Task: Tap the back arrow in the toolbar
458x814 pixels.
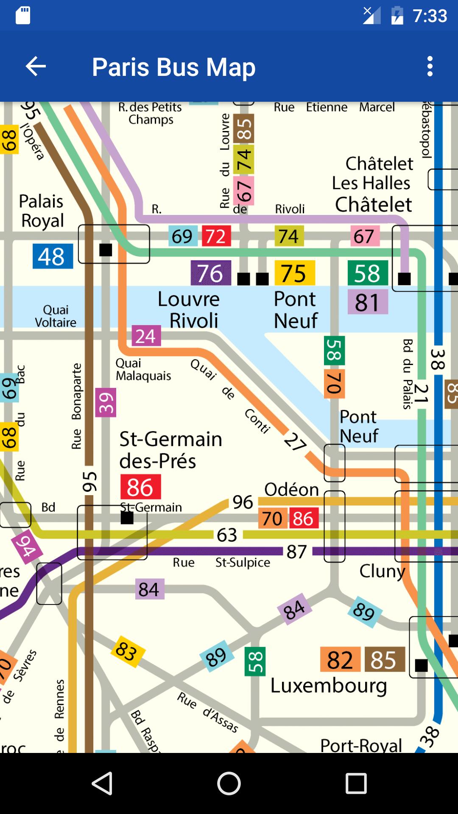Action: pyautogui.click(x=36, y=67)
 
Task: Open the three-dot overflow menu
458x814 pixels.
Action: pyautogui.click(x=430, y=67)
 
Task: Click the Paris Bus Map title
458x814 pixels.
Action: pyautogui.click(x=173, y=67)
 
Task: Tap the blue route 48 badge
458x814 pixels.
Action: pyautogui.click(x=53, y=256)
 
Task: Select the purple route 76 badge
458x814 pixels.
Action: pyautogui.click(x=211, y=273)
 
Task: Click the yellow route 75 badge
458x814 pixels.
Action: pyautogui.click(x=295, y=273)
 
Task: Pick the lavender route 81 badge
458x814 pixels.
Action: pyautogui.click(x=368, y=302)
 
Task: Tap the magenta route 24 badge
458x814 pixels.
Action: pyautogui.click(x=146, y=336)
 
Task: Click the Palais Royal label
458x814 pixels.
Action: pyautogui.click(x=42, y=211)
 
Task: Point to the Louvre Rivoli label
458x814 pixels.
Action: pyautogui.click(x=189, y=310)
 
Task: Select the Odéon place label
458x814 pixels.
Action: pyautogui.click(x=291, y=490)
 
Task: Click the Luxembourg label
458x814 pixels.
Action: pyautogui.click(x=329, y=686)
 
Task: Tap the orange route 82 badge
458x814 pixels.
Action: pyautogui.click(x=340, y=660)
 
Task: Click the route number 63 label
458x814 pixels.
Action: pyautogui.click(x=227, y=535)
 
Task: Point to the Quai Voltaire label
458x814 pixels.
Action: pyautogui.click(x=56, y=316)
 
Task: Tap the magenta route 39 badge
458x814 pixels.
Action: pyautogui.click(x=106, y=403)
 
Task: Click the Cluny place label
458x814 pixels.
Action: pyautogui.click(x=382, y=571)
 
